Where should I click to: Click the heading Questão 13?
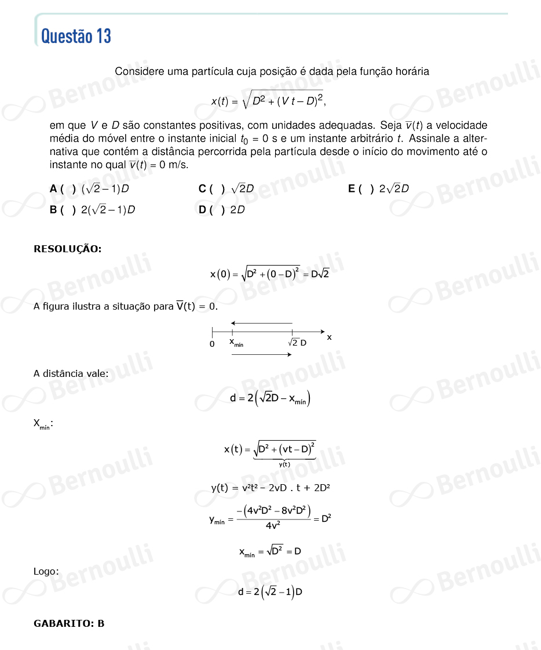pyautogui.click(x=76, y=36)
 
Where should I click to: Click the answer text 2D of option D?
pyautogui.click(x=237, y=210)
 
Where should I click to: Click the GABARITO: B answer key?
pyautogui.click(x=69, y=624)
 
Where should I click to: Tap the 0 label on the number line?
pyautogui.click(x=212, y=344)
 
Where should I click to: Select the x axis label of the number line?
pyautogui.click(x=329, y=337)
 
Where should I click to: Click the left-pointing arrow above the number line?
pyautogui.click(x=261, y=323)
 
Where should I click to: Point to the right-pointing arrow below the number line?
pyautogui.click(x=261, y=355)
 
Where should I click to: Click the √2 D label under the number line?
pyautogui.click(x=297, y=343)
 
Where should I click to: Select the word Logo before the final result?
pyautogui.click(x=46, y=572)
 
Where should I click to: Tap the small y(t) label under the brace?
pyautogui.click(x=284, y=464)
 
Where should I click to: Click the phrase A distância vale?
pyautogui.click(x=71, y=373)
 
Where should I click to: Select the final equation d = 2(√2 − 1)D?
pyautogui.click(x=270, y=592)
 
